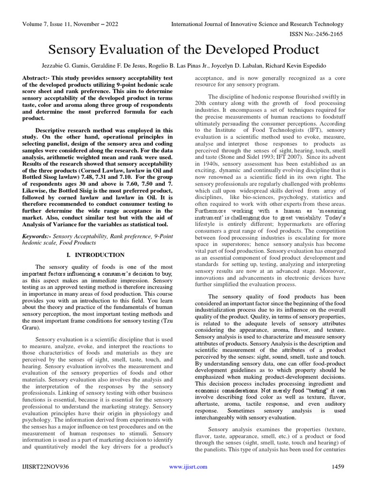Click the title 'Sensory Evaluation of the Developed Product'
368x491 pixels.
click(x=184, y=49)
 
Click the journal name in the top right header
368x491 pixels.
click(x=258, y=24)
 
